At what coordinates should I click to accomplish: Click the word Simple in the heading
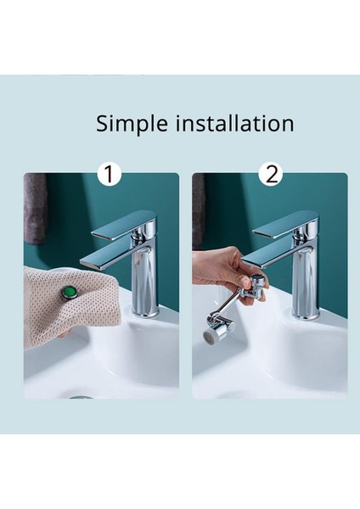pos(132,124)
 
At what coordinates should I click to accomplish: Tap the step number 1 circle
pos(110,174)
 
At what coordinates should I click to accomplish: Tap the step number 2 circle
pos(270,174)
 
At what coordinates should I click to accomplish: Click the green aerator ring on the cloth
pos(69,292)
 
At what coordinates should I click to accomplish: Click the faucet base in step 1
pos(145,313)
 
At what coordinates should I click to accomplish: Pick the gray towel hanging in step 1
pos(35,209)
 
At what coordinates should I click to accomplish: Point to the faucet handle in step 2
pos(285,225)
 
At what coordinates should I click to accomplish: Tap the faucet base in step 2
pos(306,313)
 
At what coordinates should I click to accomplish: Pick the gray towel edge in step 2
pos(198,211)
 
